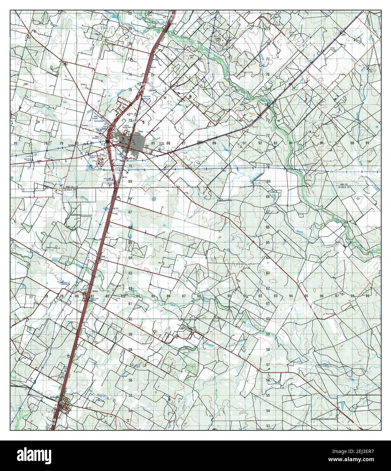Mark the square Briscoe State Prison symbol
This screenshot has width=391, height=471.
(x=100, y=160)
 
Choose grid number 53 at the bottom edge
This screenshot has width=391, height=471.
(x=268, y=426)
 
